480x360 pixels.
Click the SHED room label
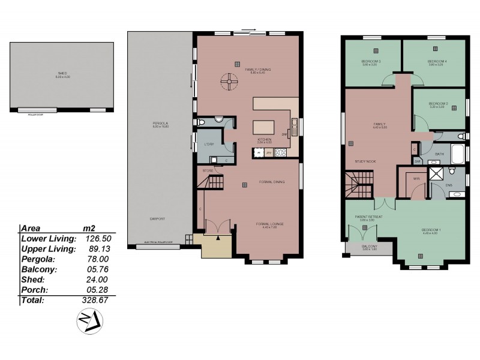(x=62, y=74)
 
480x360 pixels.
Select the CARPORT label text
(x=158, y=219)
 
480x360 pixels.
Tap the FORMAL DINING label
(x=271, y=182)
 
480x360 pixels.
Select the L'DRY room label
(x=209, y=145)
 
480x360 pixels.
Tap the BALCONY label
(x=368, y=247)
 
